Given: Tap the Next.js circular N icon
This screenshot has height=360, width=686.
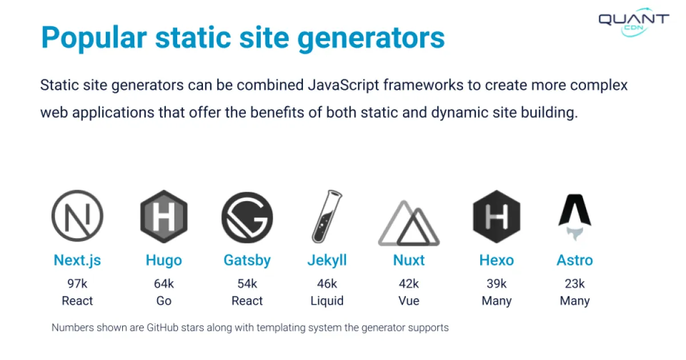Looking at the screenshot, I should click(x=77, y=217).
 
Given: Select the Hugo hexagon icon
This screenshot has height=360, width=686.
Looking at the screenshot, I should click(x=163, y=217).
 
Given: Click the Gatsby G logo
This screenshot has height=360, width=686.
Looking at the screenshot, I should click(x=247, y=217).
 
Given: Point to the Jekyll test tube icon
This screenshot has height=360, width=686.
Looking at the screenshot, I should click(x=327, y=217).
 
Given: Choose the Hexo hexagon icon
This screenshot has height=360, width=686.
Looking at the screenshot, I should click(x=496, y=217).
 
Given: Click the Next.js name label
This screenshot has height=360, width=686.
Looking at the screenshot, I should click(x=77, y=261).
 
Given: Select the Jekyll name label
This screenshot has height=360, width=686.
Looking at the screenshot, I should click(x=327, y=261).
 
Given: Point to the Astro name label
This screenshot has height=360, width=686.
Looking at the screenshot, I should click(x=575, y=261).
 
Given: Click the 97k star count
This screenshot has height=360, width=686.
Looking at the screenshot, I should click(x=77, y=283).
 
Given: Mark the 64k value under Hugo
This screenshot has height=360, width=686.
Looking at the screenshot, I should click(x=163, y=283).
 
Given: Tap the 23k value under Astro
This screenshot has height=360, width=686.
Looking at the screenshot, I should click(x=575, y=283).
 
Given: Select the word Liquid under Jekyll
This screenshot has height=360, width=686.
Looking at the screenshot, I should click(x=327, y=301).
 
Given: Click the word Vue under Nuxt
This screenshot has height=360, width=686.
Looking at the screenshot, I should click(x=409, y=301).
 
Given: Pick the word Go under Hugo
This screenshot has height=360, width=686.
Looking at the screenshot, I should click(x=163, y=301).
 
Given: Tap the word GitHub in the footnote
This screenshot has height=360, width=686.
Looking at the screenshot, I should click(x=167, y=328).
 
